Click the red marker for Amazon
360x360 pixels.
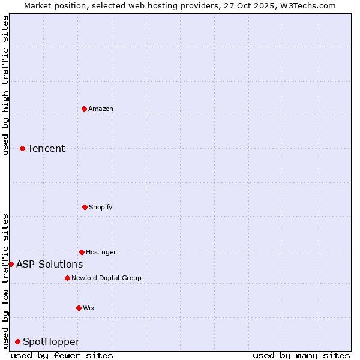(84, 109)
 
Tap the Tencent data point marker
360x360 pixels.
(22, 148)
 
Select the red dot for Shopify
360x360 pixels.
(85, 207)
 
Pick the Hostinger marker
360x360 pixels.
(82, 252)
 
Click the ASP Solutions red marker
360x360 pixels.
(11, 264)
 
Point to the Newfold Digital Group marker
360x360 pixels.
(67, 278)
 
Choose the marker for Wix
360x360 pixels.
(79, 308)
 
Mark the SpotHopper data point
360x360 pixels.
(17, 341)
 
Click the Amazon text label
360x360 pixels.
(101, 109)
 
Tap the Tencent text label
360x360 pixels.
(46, 148)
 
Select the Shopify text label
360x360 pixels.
(100, 207)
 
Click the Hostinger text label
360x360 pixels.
(101, 252)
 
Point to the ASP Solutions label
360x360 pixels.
(49, 264)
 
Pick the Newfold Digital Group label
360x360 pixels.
(106, 278)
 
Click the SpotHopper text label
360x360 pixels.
(51, 341)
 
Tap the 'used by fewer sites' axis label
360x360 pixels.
(62, 355)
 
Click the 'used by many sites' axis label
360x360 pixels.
(301, 355)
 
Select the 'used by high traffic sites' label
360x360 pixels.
(5, 85)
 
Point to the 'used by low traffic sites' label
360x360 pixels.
(5, 280)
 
